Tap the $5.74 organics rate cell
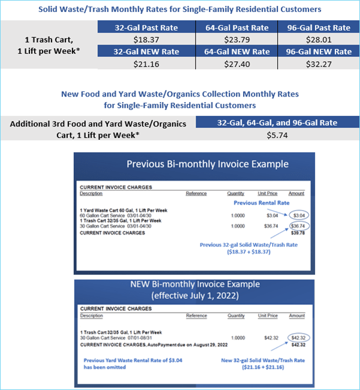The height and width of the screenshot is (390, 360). pos(278,135)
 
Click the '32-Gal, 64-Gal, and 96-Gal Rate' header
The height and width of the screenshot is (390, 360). pos(278,122)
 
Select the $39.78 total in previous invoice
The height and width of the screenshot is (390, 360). pos(297,233)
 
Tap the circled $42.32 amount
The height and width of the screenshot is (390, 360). pos(298,338)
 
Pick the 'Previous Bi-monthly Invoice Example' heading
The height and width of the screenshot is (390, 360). pos(208,164)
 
